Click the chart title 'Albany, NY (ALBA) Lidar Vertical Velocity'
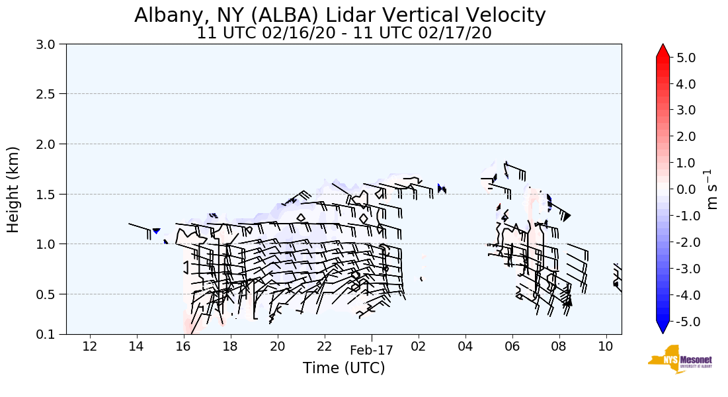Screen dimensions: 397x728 [x=340, y=15]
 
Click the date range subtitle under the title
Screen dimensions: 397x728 [x=344, y=33]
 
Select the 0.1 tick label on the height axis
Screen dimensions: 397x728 [x=47, y=335]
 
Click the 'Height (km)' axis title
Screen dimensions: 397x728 [x=13, y=189]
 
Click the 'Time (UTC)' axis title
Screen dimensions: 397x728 [x=344, y=368]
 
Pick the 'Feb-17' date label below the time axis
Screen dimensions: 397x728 [x=372, y=351]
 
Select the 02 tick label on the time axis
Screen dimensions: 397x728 [x=419, y=346]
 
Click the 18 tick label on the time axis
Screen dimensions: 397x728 [x=231, y=346]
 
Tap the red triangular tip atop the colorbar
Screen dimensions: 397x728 [x=663, y=50]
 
